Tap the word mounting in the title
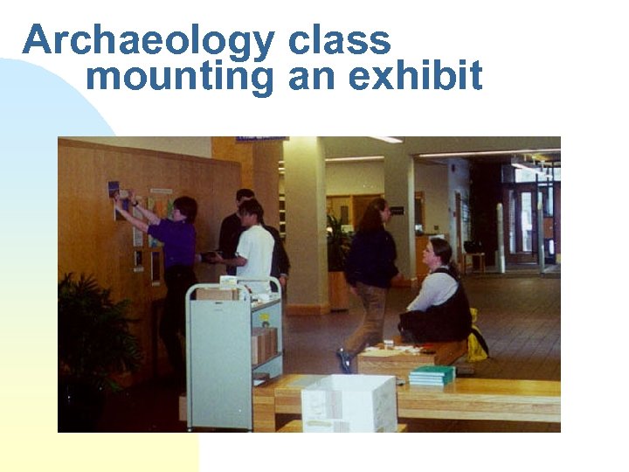click(180, 77)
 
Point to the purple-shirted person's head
click(183, 210)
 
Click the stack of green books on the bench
click(432, 375)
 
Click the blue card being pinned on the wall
click(114, 188)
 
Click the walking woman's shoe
click(344, 360)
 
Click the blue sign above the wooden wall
click(260, 139)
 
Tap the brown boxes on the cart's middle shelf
click(264, 344)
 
